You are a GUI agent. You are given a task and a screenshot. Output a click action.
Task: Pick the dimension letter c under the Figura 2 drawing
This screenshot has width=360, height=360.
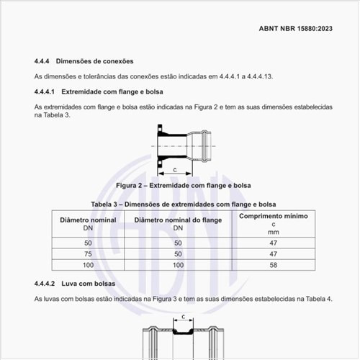[x=176, y=169]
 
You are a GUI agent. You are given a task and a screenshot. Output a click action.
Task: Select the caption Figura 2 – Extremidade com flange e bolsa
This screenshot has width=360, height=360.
[x=184, y=186]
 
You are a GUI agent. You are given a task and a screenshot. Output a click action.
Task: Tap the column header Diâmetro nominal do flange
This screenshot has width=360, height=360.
[x=177, y=219]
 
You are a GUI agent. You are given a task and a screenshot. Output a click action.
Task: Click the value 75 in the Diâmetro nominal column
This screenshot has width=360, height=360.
[x=88, y=254]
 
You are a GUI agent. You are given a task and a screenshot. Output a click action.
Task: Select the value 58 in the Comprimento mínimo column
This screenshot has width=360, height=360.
[x=273, y=266]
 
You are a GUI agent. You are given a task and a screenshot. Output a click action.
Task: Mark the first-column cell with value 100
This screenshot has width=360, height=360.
[x=88, y=266]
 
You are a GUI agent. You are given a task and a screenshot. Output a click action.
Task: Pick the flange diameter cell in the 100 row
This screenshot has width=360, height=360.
[x=177, y=266]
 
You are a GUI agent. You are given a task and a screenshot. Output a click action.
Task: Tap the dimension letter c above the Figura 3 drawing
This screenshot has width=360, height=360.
[x=184, y=316]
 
